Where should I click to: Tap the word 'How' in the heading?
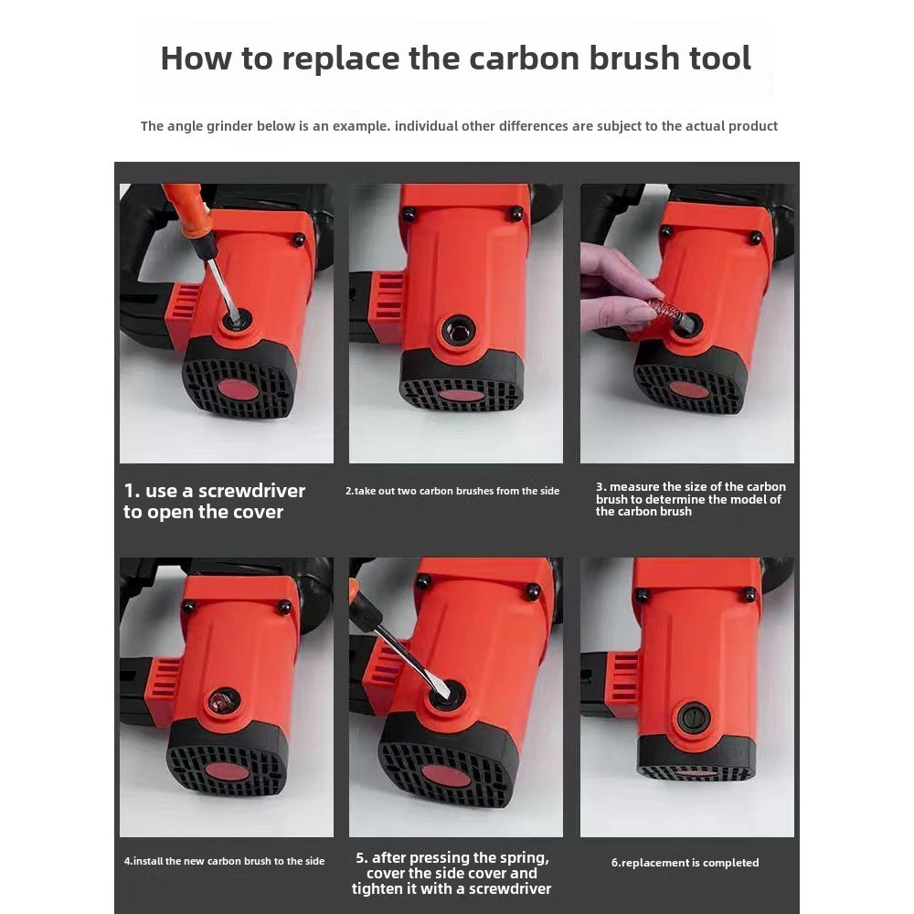pyautogui.click(x=195, y=58)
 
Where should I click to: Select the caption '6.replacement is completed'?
pyautogui.click(x=685, y=862)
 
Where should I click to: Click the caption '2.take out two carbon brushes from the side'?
pyautogui.click(x=452, y=491)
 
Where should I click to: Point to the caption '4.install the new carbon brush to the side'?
pyautogui.click(x=225, y=861)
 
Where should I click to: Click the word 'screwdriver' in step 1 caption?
pyautogui.click(x=252, y=491)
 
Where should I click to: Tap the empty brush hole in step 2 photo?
pyautogui.click(x=459, y=331)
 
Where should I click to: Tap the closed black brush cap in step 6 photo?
pyautogui.click(x=694, y=717)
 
